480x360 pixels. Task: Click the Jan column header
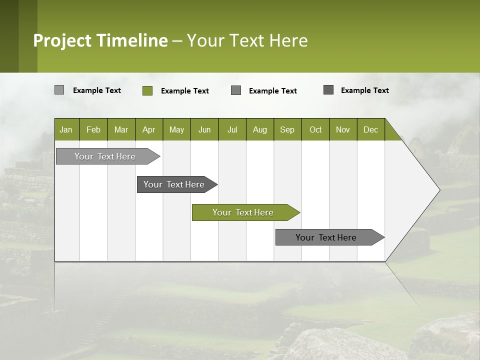66,129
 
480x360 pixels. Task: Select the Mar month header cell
121,129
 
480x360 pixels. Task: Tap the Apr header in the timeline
148,129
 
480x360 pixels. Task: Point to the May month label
176,129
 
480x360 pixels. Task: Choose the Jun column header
204,129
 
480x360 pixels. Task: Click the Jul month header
232,129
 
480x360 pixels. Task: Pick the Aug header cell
260,129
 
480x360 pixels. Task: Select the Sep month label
287,129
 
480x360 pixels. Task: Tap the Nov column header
343,129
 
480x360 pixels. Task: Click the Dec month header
370,129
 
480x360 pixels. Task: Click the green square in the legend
147,90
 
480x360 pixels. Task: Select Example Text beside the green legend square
185,91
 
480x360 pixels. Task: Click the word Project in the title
63,40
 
